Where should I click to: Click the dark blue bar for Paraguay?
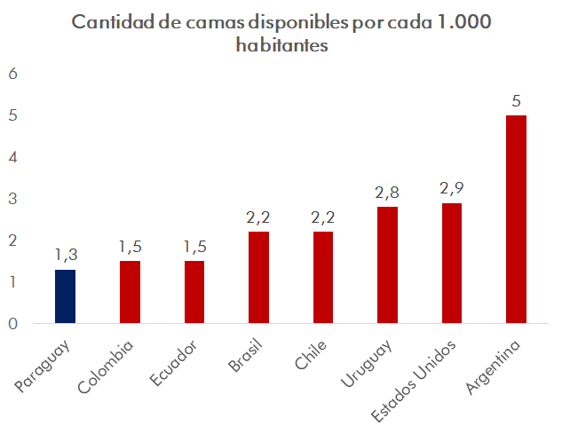(65, 296)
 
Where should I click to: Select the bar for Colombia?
(130, 292)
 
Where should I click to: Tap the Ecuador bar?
(194, 292)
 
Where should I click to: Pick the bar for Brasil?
(258, 278)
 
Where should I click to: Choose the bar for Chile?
(323, 278)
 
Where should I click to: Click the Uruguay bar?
(387, 265)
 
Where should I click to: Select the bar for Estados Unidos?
(451, 264)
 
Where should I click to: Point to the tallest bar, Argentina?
(516, 219)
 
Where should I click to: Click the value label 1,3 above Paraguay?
(65, 256)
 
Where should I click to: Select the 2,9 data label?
(451, 188)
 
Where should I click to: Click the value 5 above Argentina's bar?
(516, 101)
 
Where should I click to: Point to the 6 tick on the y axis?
(13, 74)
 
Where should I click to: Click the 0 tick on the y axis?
(13, 324)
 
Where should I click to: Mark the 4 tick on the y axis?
(13, 157)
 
